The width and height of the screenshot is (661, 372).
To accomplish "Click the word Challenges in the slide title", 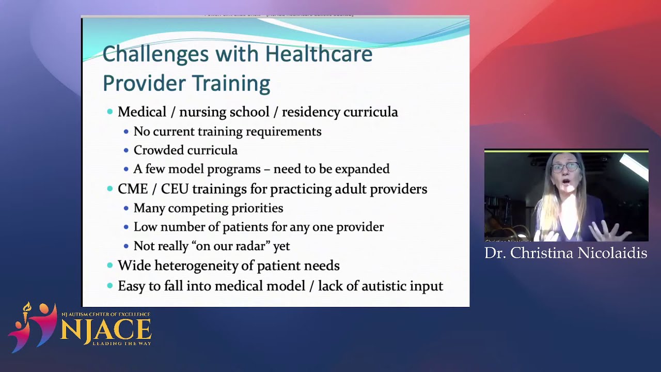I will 155,54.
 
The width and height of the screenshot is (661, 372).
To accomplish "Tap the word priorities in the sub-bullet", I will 256,208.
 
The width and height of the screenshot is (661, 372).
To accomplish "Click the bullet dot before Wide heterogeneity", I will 109,266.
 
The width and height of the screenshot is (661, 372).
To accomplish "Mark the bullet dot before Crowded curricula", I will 126,151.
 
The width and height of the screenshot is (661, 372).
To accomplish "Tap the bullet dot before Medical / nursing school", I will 109,112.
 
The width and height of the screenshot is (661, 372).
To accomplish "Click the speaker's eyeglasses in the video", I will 564,167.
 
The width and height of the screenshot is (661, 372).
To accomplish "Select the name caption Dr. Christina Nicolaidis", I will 566,253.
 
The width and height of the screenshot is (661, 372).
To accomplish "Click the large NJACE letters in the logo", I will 106,330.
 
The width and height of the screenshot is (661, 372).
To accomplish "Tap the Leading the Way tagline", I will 121,343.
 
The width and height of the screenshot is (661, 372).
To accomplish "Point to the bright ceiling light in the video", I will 634,166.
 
